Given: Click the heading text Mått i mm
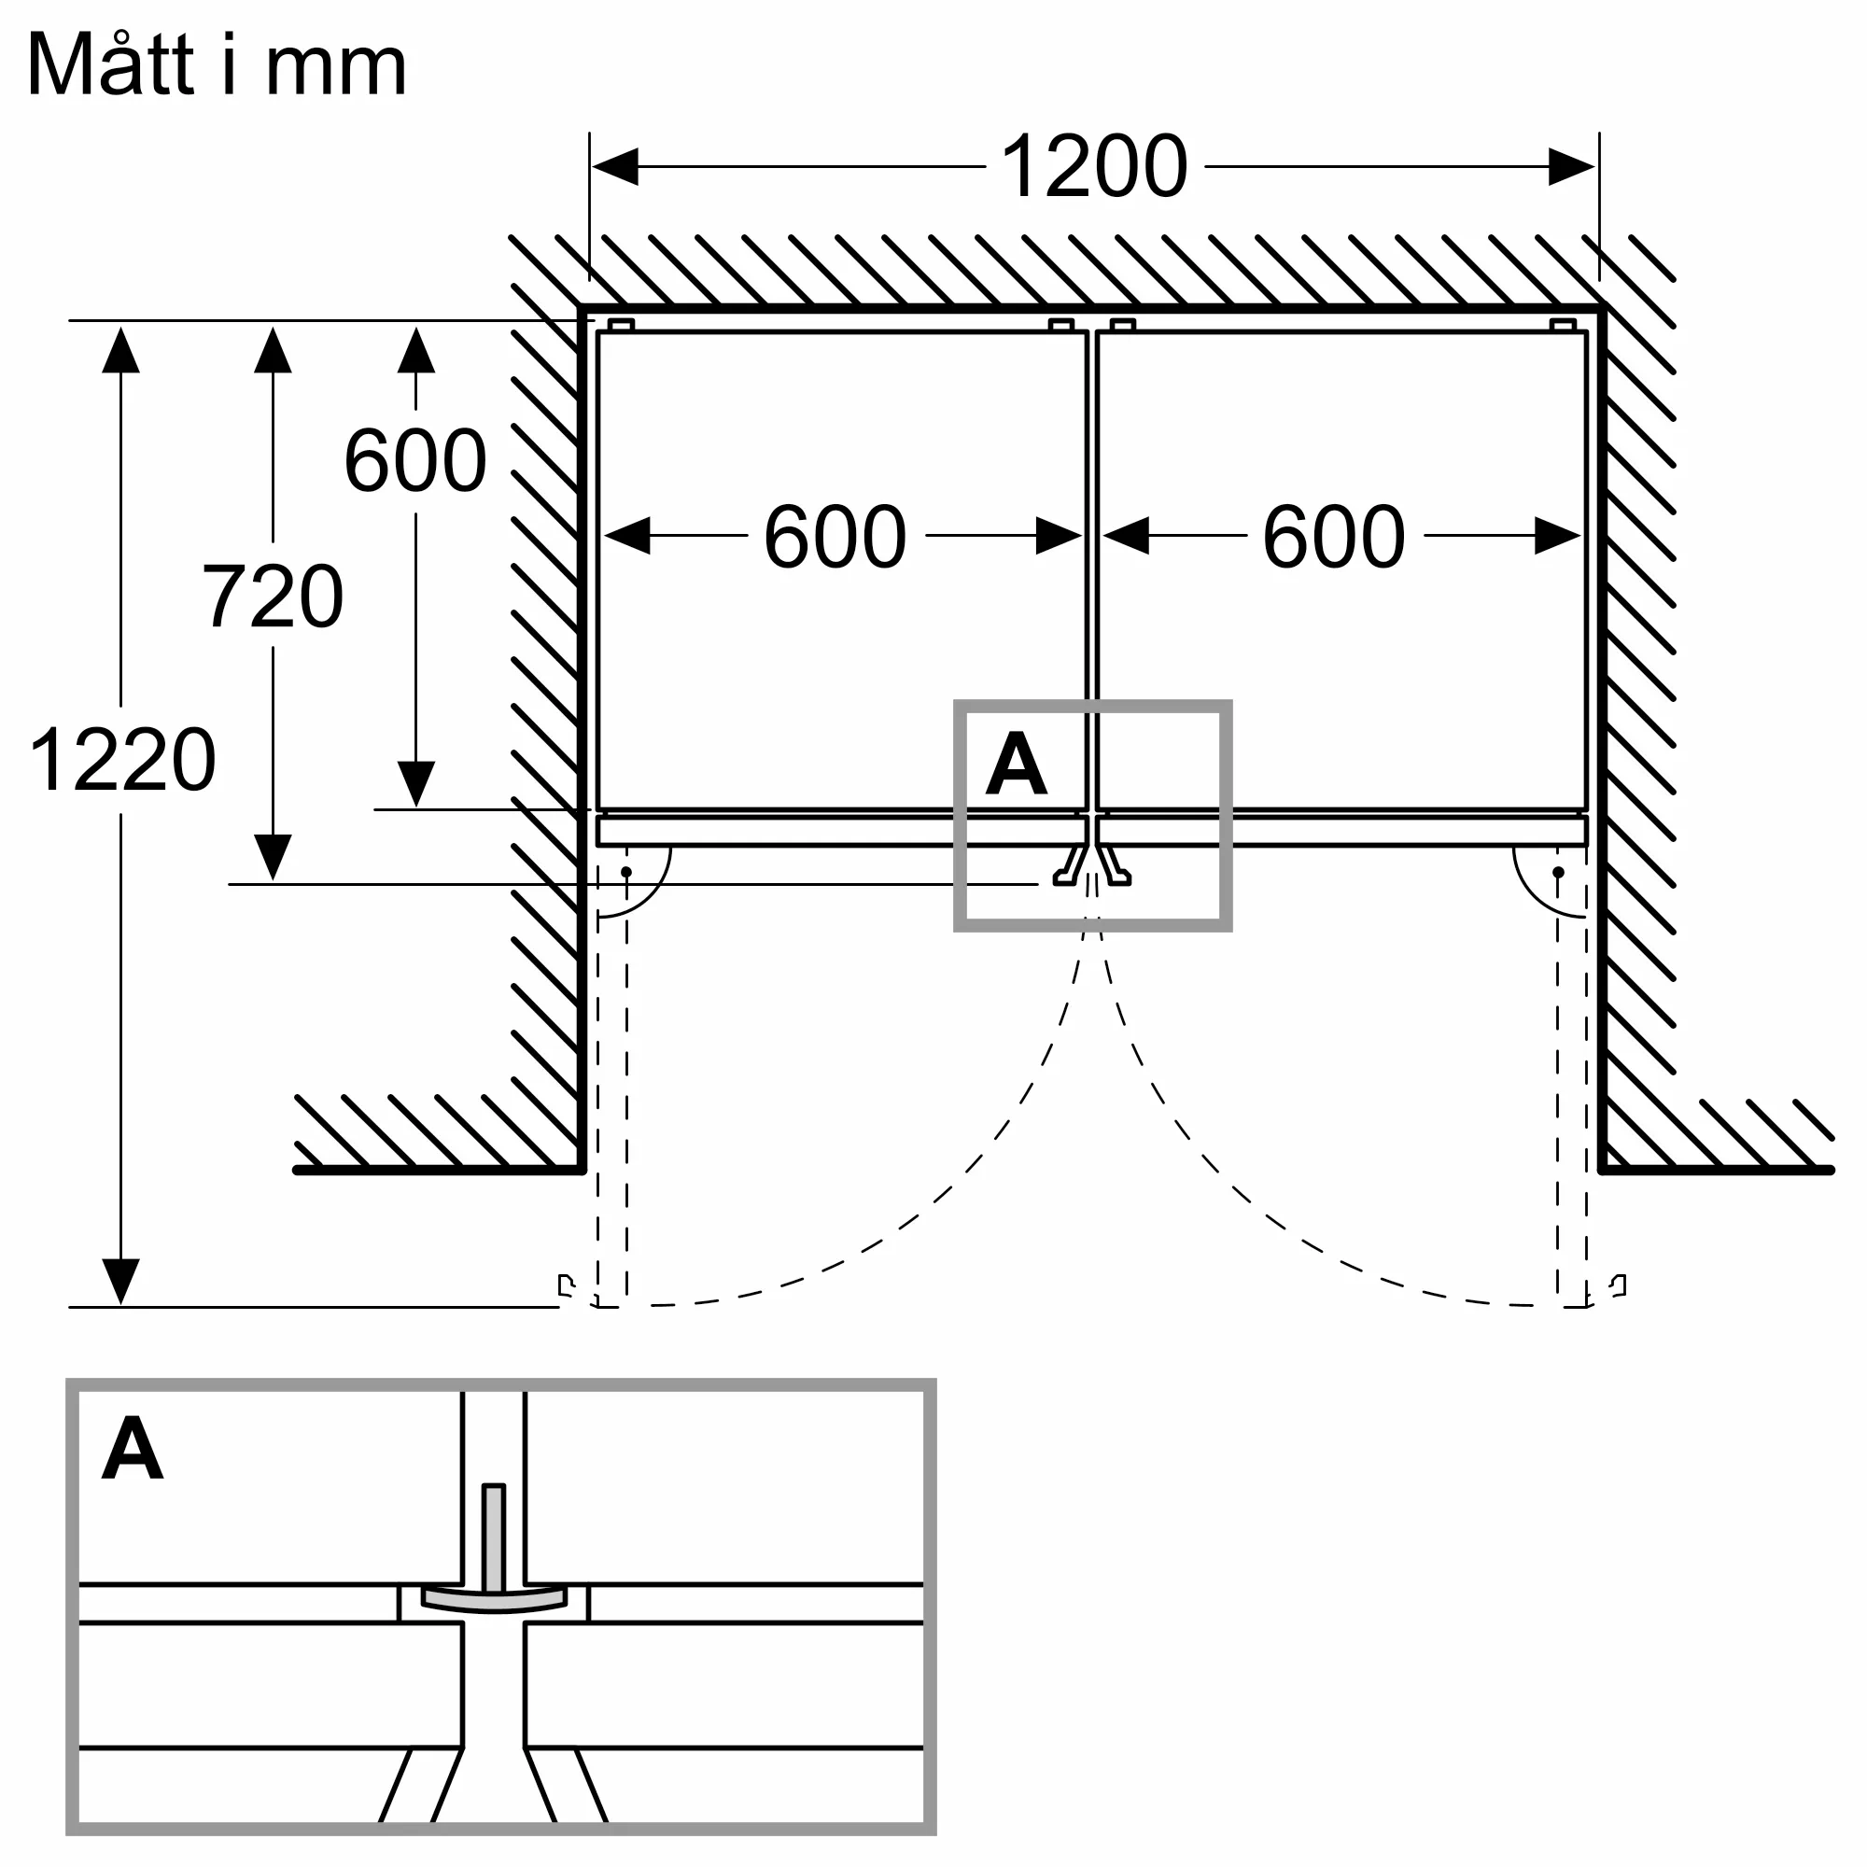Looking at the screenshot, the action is coord(218,64).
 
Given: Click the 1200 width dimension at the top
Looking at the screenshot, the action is coord(1094,166).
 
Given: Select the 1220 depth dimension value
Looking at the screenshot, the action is coord(122,760).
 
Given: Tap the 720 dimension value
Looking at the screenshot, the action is coord(273,596).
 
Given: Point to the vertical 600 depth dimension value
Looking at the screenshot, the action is coord(415,460).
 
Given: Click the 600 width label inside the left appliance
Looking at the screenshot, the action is coord(835,537).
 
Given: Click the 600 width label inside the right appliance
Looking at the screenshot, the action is coord(1334,537).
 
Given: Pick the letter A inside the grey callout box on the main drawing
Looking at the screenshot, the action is coord(1016,765).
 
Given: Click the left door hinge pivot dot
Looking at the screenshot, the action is coord(626,872).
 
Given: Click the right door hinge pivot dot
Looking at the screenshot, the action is coord(1558,872).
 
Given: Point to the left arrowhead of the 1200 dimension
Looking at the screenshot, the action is coord(614,166).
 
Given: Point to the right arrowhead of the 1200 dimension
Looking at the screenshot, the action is coord(1571,166).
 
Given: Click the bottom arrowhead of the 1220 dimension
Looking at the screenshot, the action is coord(120,1283).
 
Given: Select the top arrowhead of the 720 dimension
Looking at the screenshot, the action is coord(273,350).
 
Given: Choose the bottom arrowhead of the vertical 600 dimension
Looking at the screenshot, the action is coord(415,785).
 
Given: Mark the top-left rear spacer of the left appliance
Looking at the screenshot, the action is coord(622,325).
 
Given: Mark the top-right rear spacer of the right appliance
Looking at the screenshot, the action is coord(1563,325).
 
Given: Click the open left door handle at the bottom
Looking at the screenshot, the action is coord(567,1286).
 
